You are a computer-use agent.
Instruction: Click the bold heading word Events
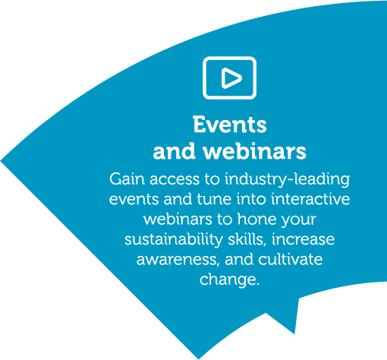[230, 125]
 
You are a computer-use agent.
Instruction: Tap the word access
[175, 180]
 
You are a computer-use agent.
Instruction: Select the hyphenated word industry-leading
[288, 180]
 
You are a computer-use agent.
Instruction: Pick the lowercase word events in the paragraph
[134, 200]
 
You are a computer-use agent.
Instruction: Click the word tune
[214, 199]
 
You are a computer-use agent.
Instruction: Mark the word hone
[257, 219]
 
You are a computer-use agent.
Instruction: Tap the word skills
[247, 239]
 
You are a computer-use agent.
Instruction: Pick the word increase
[304, 239]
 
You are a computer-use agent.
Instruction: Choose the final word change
[230, 280]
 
